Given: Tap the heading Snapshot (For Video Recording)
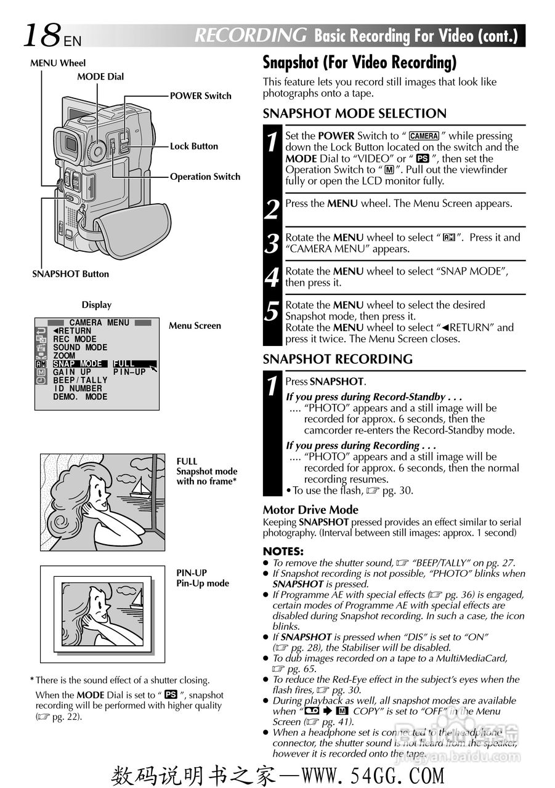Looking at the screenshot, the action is click(360, 63).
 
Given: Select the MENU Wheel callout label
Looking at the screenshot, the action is click(58, 63).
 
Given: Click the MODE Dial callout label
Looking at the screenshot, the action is click(100, 77).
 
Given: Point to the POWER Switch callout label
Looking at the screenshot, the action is click(201, 96).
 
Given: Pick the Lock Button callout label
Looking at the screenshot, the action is click(194, 147).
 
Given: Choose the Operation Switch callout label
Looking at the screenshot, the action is click(205, 177).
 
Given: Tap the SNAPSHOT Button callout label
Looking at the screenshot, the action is click(70, 275).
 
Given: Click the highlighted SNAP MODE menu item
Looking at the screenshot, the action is click(78, 364).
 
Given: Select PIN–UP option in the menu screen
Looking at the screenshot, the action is click(130, 372).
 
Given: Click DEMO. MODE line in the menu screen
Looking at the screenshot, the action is click(80, 397).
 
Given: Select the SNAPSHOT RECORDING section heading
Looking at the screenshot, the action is click(338, 360).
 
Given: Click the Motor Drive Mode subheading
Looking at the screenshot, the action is click(310, 510).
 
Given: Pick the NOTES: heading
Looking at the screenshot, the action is click(283, 552).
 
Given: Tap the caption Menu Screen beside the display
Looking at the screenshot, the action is click(195, 326).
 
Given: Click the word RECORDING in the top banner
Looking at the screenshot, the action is click(250, 36).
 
